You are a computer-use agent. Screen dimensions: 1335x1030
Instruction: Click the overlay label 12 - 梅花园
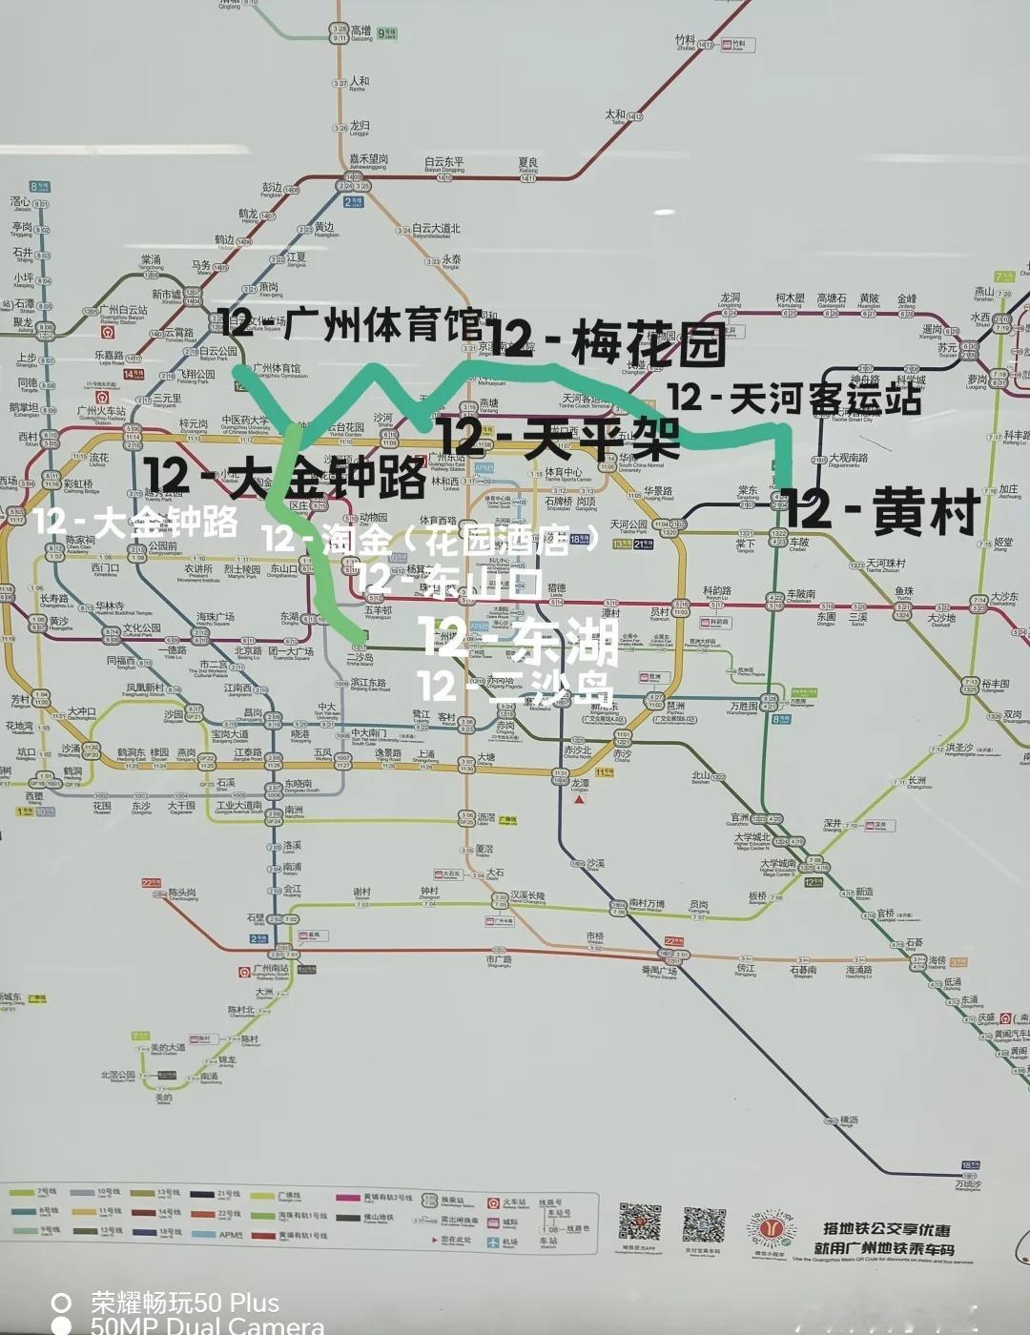(x=611, y=341)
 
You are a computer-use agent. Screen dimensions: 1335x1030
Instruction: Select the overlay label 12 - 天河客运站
(x=794, y=398)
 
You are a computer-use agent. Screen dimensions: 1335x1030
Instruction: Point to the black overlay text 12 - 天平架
(x=558, y=439)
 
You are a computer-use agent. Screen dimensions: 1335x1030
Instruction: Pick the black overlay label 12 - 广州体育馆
(x=350, y=324)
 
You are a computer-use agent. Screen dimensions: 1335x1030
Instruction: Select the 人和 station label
(x=359, y=83)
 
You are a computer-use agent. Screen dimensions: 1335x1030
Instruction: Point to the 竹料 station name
(x=685, y=41)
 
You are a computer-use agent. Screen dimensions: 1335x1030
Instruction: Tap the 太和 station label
(x=616, y=115)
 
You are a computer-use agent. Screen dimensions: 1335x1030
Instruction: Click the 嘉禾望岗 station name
(x=368, y=160)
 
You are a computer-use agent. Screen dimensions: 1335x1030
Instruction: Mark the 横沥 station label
(x=848, y=1119)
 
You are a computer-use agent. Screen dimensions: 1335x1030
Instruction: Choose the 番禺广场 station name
(x=658, y=971)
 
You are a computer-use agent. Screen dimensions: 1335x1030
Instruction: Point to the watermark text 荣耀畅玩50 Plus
(x=185, y=1303)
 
